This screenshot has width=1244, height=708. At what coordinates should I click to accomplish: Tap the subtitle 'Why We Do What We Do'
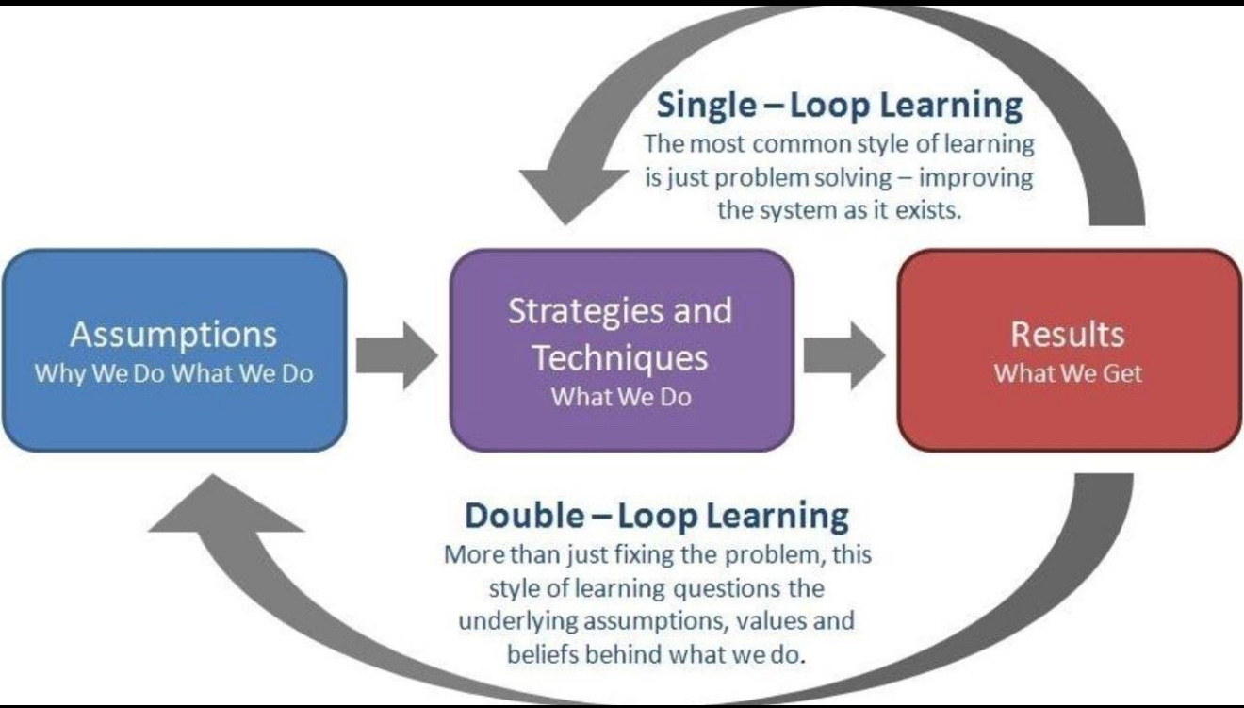[173, 373]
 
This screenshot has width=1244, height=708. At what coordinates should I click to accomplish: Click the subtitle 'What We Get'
[1068, 373]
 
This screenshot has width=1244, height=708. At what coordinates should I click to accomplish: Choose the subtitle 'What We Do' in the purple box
[621, 397]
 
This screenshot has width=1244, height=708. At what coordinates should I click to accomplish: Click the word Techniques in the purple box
[619, 357]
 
